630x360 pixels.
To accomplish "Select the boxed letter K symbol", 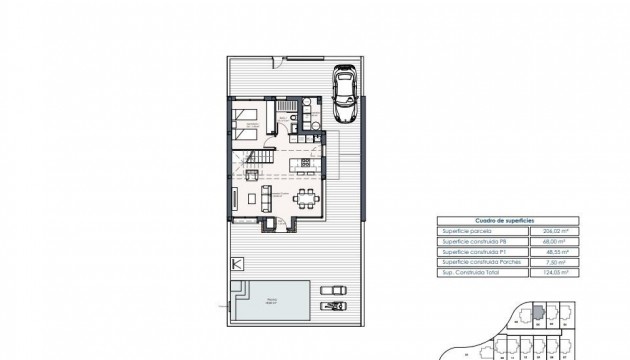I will pos(236,264).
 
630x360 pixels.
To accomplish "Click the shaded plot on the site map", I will pos(537,313).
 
